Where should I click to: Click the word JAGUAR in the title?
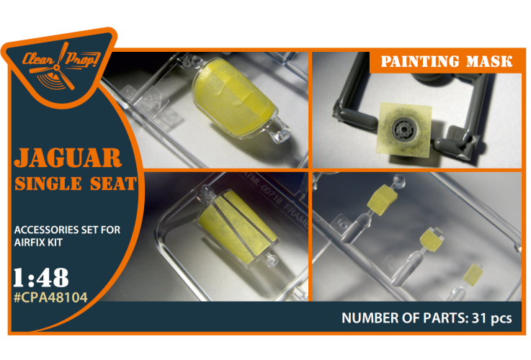click(x=68, y=158)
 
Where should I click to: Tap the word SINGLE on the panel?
click(x=48, y=184)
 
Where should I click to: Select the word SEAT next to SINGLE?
click(x=113, y=184)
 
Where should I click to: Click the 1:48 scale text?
click(x=40, y=278)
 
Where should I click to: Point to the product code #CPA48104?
click(x=50, y=298)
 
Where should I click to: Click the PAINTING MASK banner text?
click(x=446, y=62)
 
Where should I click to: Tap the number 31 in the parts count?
click(x=479, y=318)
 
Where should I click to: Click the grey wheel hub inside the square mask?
click(x=403, y=129)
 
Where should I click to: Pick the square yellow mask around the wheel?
click(x=405, y=130)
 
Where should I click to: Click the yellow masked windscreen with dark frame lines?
click(x=237, y=227)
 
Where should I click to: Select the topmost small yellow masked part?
click(x=383, y=199)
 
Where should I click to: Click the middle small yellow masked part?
click(x=431, y=240)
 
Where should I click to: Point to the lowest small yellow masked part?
click(x=472, y=275)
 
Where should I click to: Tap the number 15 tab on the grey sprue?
click(x=455, y=135)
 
